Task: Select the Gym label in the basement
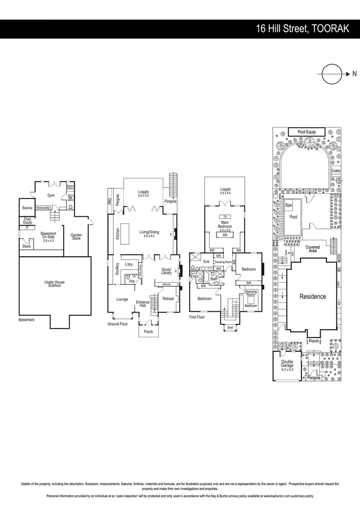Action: coord(51,195)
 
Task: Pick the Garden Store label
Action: coord(76,237)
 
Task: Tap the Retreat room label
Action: coord(168,299)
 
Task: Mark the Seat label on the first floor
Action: coord(229,328)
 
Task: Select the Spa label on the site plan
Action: coord(288,205)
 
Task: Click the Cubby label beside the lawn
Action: coord(336,170)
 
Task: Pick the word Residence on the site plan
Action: coord(312,296)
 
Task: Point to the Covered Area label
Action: coord(313,249)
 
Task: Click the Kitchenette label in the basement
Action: coord(43,208)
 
